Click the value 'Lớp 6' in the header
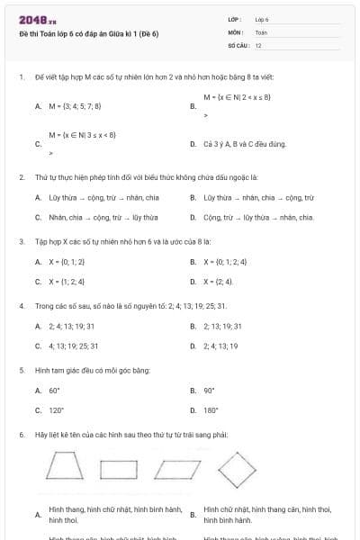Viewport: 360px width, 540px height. point(262,19)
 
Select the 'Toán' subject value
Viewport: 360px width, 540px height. point(261,31)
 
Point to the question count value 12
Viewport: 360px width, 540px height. point(258,44)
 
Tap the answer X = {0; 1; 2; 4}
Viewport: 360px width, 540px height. point(231,261)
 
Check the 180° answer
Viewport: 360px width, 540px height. point(211,410)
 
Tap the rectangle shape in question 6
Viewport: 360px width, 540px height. point(119,469)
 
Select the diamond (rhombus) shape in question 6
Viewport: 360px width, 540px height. point(238,468)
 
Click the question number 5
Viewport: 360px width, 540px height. point(21,370)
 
